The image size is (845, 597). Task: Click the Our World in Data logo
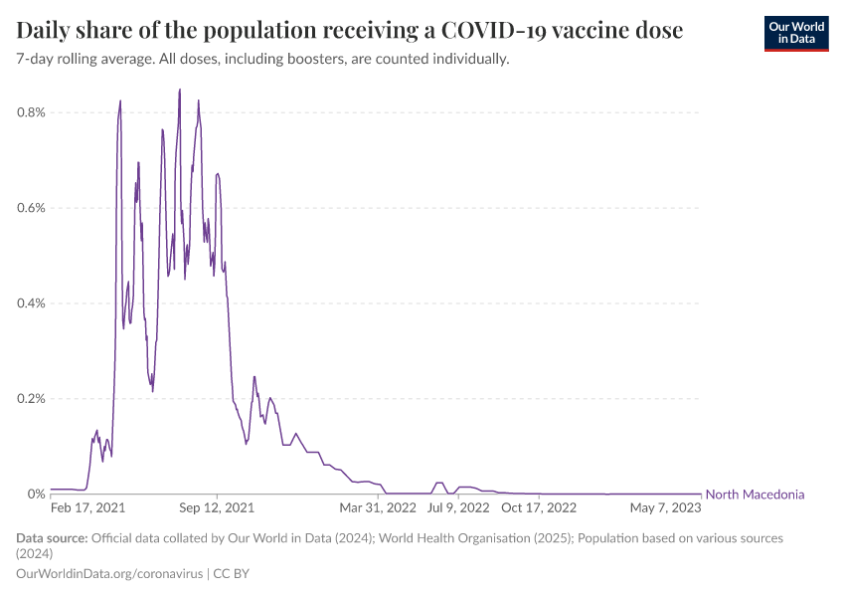click(x=795, y=33)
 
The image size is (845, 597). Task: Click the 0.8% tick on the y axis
click(x=31, y=112)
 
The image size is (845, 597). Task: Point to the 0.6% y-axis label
click(x=31, y=208)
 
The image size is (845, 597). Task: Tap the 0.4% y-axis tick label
click(x=31, y=303)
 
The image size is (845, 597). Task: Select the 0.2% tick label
click(x=31, y=399)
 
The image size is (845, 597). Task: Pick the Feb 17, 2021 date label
click(x=87, y=507)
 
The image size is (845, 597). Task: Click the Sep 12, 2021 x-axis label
click(x=218, y=507)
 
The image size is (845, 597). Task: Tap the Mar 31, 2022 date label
click(x=378, y=507)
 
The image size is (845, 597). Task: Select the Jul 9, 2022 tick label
click(x=458, y=507)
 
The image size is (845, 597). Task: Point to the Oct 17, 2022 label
click(x=538, y=507)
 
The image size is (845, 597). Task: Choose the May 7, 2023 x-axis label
click(x=665, y=507)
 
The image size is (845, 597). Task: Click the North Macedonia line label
click(x=755, y=495)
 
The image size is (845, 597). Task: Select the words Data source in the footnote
click(x=52, y=538)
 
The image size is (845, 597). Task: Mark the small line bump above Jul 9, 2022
click(x=439, y=483)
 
